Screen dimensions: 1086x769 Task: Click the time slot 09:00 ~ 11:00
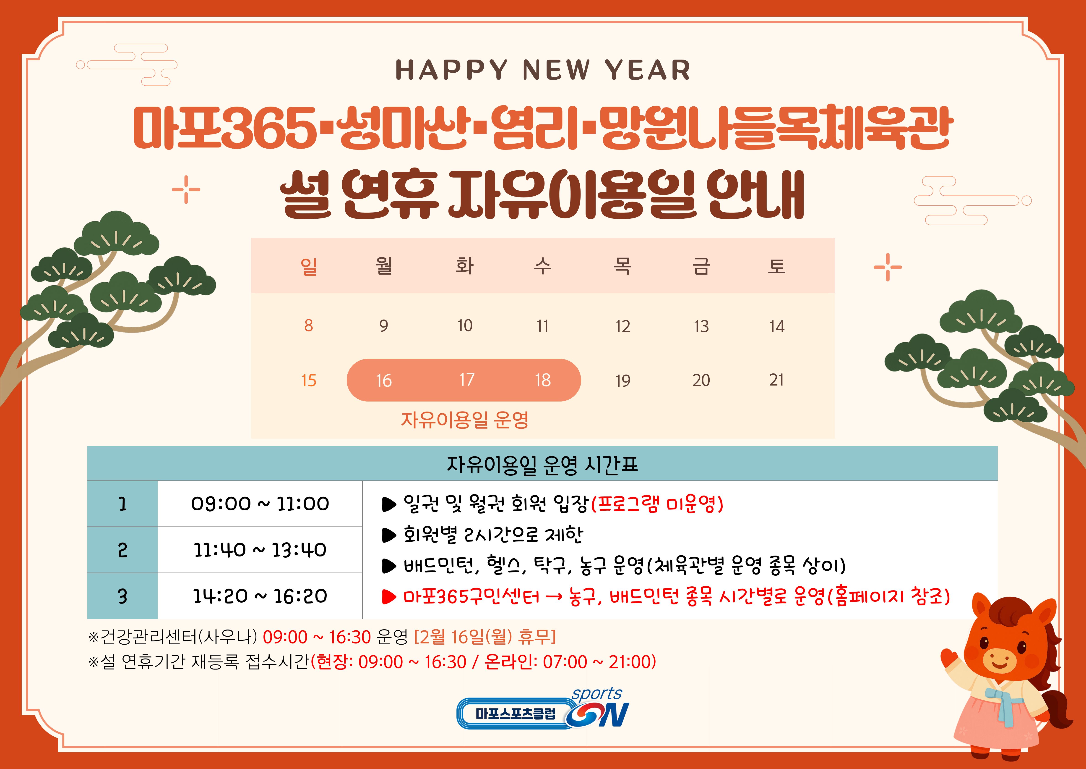click(260, 503)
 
